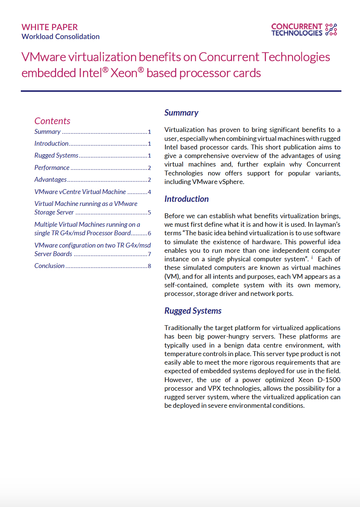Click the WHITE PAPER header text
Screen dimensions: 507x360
pos(49,27)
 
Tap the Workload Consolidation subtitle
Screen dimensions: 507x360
pos(61,36)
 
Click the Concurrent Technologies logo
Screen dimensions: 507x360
pos(304,30)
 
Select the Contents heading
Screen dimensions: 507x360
pos(52,121)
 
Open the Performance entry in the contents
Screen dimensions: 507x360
pos(52,168)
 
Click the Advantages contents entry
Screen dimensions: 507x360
pos(51,180)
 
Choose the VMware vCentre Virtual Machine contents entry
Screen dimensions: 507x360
pos(80,192)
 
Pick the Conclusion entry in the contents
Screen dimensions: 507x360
pos(49,266)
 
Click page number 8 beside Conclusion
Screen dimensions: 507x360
pos(150,266)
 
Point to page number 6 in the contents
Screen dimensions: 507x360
pos(150,233)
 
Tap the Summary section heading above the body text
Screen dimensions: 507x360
pos(181,113)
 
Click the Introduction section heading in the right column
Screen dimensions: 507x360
pos(187,199)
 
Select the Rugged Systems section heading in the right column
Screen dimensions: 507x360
pos(193,311)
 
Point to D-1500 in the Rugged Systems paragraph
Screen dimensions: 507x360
pos(329,380)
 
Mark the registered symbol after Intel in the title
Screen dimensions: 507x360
pos(105,70)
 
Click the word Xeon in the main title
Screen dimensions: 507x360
pos(124,73)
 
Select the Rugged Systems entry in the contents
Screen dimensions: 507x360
pos(57,155)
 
